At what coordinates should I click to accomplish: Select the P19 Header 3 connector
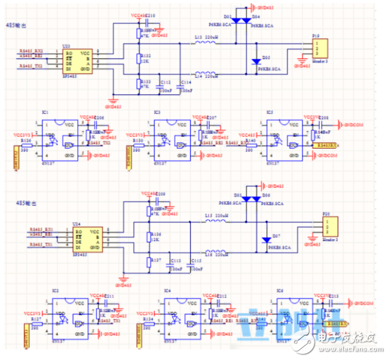(x=318, y=47)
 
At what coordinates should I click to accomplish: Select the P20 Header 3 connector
(x=326, y=225)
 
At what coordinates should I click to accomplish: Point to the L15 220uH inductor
(x=218, y=223)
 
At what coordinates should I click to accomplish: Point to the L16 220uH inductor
(x=218, y=253)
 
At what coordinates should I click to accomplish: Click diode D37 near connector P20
(x=267, y=240)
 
